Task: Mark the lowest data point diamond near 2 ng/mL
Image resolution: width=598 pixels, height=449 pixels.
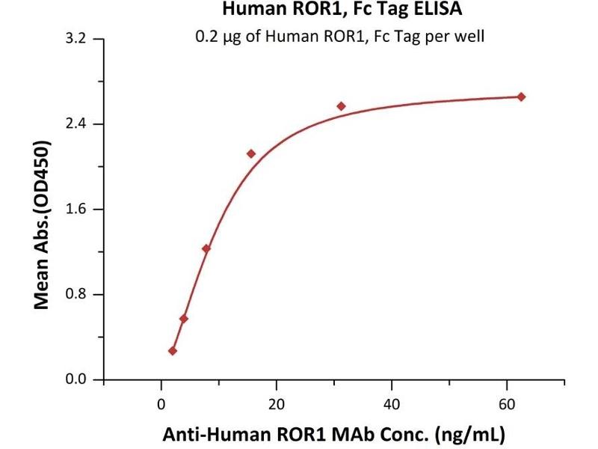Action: pyautogui.click(x=173, y=351)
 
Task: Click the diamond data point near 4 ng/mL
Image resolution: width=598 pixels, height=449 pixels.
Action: pyautogui.click(x=184, y=319)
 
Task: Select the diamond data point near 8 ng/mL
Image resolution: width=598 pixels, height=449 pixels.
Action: pyautogui.click(x=206, y=248)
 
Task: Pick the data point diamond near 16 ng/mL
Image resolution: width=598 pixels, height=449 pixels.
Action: pyautogui.click(x=251, y=153)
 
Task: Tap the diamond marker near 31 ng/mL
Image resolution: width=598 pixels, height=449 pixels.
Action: pyautogui.click(x=341, y=106)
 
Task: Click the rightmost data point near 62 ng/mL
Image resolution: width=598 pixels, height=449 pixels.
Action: pyautogui.click(x=521, y=97)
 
